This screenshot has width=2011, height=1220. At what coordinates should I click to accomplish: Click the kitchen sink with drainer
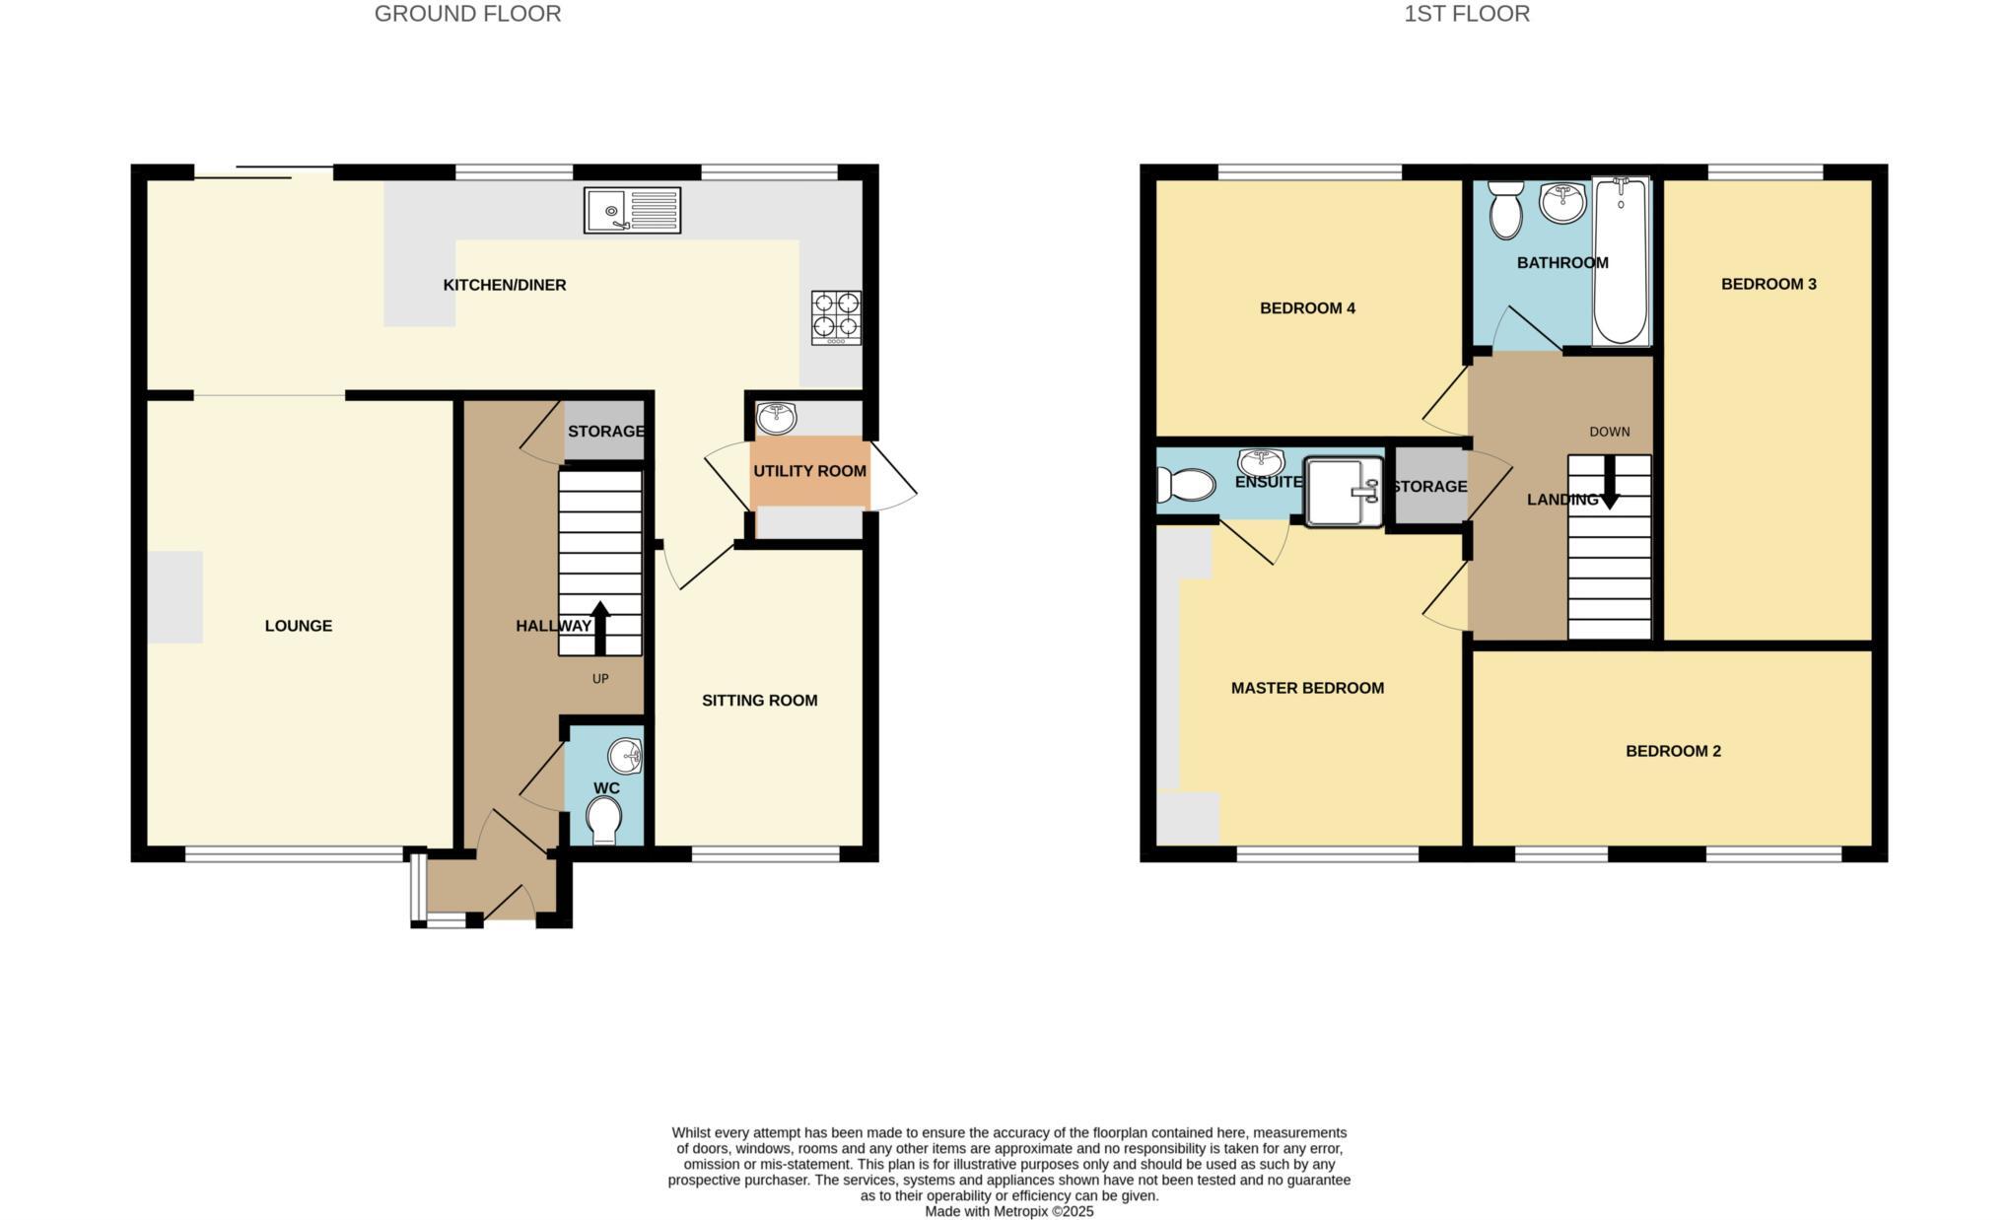tap(632, 210)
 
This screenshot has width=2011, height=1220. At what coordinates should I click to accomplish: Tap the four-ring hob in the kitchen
tap(836, 316)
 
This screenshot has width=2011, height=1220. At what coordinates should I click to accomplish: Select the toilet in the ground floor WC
tap(603, 821)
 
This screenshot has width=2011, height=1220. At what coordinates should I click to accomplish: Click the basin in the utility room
tap(777, 418)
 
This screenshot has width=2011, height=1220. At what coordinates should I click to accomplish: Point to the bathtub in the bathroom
tap(1621, 261)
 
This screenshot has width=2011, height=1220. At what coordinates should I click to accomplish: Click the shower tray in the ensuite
tap(1345, 491)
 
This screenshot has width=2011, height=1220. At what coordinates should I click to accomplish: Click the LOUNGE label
tap(299, 626)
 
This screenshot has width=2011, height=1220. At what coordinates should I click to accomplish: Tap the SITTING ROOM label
tap(759, 701)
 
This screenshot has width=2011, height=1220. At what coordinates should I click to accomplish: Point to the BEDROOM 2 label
tap(1673, 751)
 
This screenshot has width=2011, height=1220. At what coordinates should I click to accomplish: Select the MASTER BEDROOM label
tap(1307, 688)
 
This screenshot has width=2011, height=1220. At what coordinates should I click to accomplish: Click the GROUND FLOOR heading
tap(467, 14)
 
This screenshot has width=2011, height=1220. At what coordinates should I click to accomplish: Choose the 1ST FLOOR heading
tap(1467, 14)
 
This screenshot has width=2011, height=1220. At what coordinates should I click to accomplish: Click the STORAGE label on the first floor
tap(1429, 487)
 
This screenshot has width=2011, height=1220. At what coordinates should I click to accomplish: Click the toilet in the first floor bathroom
tap(1505, 211)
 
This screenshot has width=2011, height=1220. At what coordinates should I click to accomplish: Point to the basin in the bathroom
tap(1562, 203)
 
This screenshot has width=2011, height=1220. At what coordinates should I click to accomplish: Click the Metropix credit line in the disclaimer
tap(1008, 1211)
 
